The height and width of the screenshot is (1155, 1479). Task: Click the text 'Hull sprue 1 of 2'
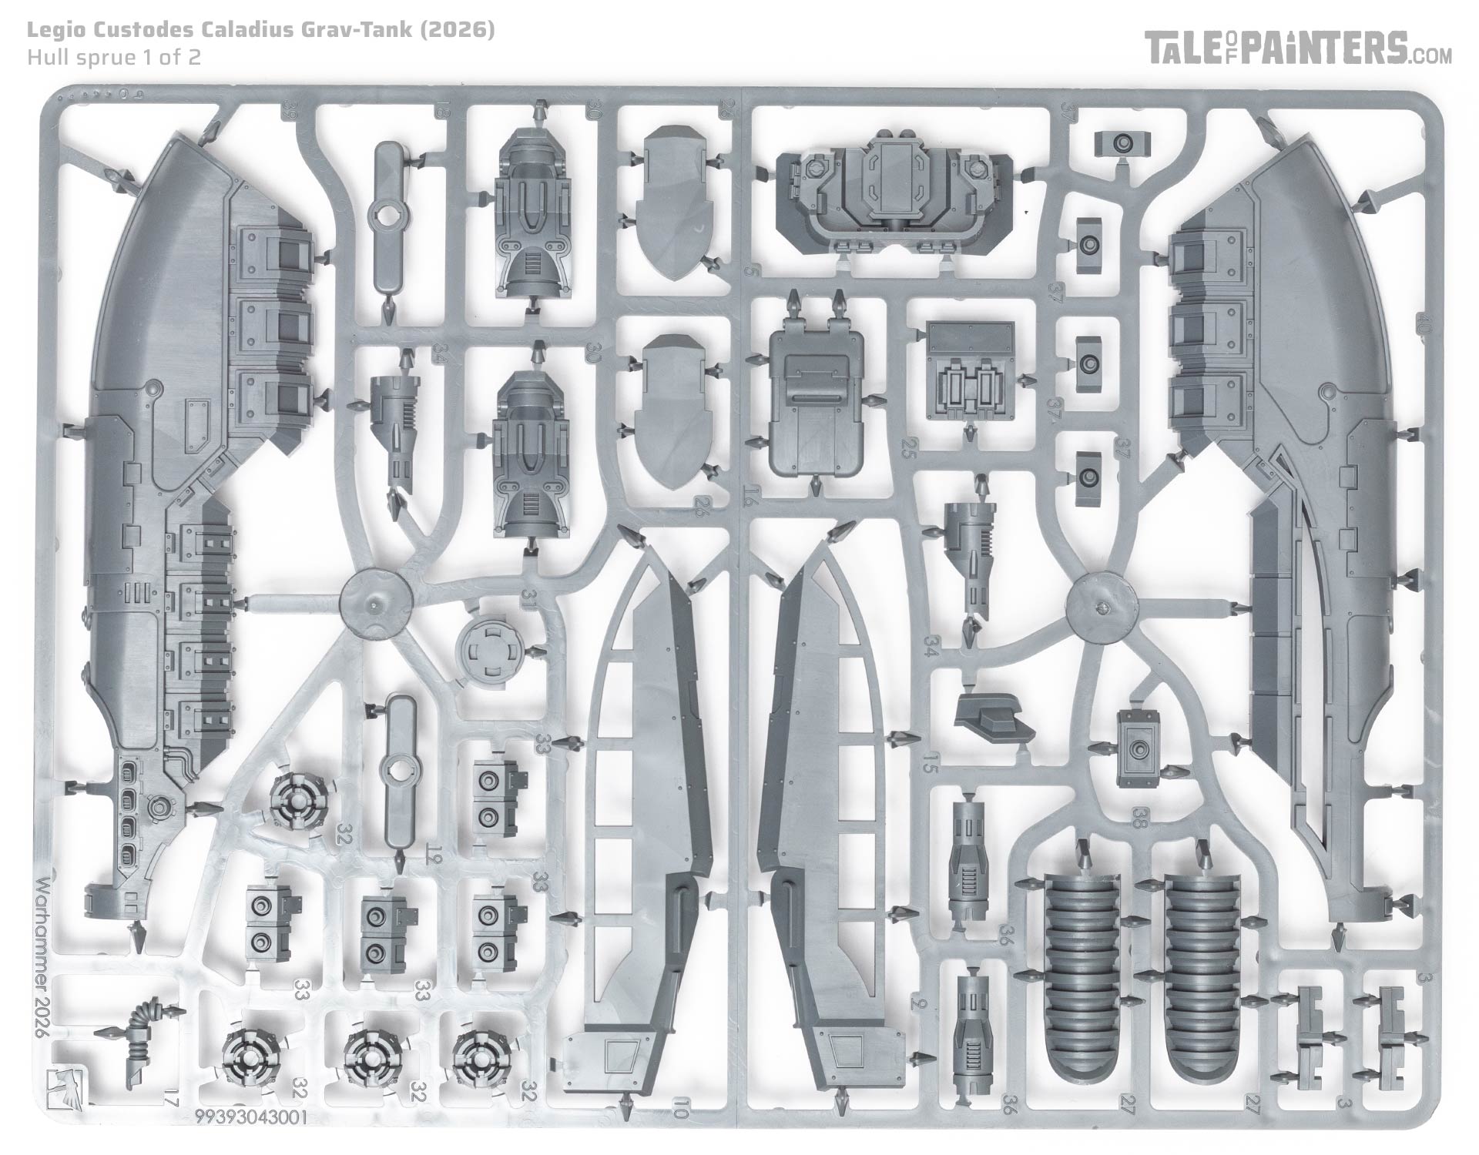114,57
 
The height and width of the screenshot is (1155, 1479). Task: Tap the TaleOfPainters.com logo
1298,49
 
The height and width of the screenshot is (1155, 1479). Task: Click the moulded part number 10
679,1110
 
